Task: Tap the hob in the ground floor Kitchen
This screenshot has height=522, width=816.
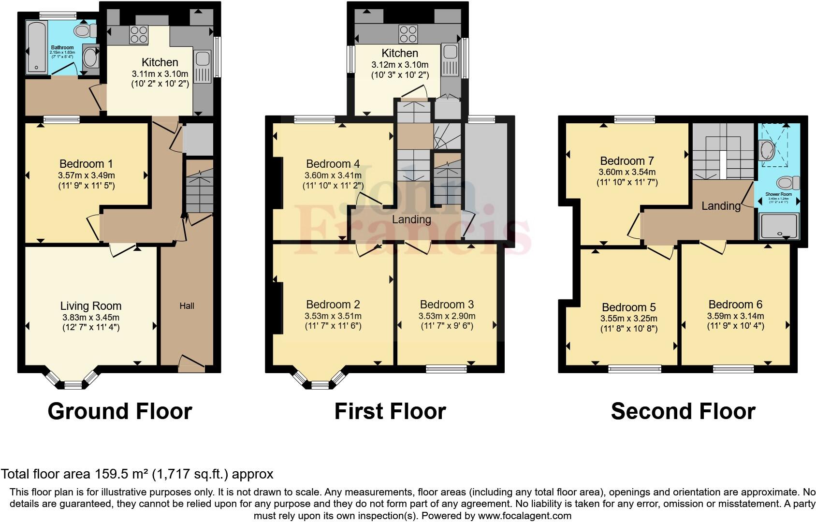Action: pos(139,35)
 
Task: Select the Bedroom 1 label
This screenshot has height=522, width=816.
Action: pos(86,164)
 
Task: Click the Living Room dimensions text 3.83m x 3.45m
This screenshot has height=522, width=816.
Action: pos(91,318)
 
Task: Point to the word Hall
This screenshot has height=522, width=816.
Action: pos(187,305)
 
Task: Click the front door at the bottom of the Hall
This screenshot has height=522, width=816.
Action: pos(191,363)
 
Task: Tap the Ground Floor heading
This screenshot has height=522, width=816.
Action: pos(120,411)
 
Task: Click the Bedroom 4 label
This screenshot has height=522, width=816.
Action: pos(333,164)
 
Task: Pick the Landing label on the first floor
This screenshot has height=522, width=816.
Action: pos(411,219)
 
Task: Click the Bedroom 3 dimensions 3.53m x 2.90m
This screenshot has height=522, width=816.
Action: pos(447,316)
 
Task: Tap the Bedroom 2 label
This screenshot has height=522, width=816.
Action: pos(333,304)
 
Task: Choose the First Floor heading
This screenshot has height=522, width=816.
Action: pos(390,411)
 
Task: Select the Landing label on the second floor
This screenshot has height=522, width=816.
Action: pos(721,206)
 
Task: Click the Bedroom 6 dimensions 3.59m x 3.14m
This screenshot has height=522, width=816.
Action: pos(735,316)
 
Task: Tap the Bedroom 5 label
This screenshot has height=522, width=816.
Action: pos(628,307)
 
